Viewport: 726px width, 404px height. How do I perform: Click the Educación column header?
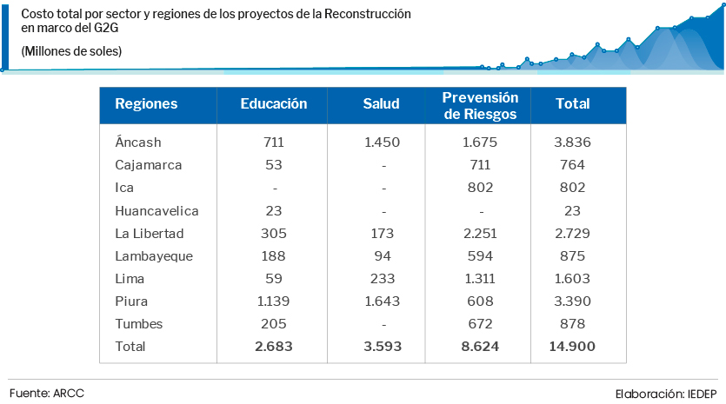274,104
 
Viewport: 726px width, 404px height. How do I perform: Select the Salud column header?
381,104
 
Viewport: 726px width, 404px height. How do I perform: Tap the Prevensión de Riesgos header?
480,105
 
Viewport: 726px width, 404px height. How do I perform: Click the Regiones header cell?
146,104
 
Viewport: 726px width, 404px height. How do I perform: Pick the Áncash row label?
138,142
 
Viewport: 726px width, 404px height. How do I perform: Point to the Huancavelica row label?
157,211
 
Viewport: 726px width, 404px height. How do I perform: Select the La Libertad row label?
150,234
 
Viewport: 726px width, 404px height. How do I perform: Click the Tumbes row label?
138,324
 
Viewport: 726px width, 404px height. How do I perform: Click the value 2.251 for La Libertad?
480,234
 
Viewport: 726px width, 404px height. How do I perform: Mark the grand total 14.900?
573,347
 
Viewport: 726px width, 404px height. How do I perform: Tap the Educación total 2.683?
274,347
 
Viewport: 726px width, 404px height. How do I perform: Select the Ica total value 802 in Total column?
573,188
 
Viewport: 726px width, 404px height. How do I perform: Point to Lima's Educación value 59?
274,279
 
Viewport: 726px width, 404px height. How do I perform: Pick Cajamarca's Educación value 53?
274,165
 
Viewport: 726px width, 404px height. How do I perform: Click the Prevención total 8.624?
480,347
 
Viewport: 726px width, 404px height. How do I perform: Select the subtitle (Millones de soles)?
71,52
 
